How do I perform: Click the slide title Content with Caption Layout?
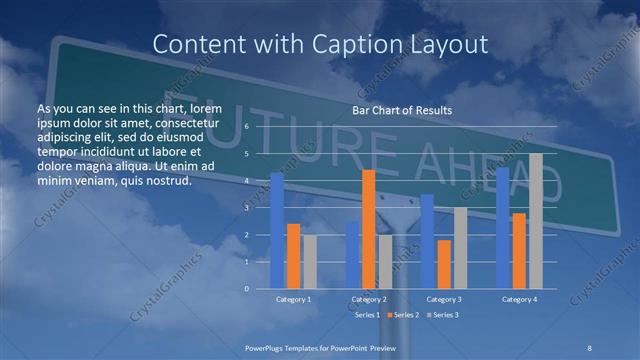[320, 44]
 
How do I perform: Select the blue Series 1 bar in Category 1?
[277, 231]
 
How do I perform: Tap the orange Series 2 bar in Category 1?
[293, 256]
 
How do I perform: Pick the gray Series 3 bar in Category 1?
[309, 262]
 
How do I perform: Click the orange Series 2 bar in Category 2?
[368, 229]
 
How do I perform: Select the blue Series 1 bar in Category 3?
[427, 241]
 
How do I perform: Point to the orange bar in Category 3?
[443, 264]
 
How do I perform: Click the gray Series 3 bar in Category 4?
[535, 221]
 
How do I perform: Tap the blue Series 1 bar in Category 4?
[502, 228]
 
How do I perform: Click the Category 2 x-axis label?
[369, 299]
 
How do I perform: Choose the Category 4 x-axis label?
[519, 299]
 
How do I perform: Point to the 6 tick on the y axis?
[246, 128]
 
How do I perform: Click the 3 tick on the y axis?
[246, 208]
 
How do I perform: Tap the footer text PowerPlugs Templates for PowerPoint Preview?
[320, 346]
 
